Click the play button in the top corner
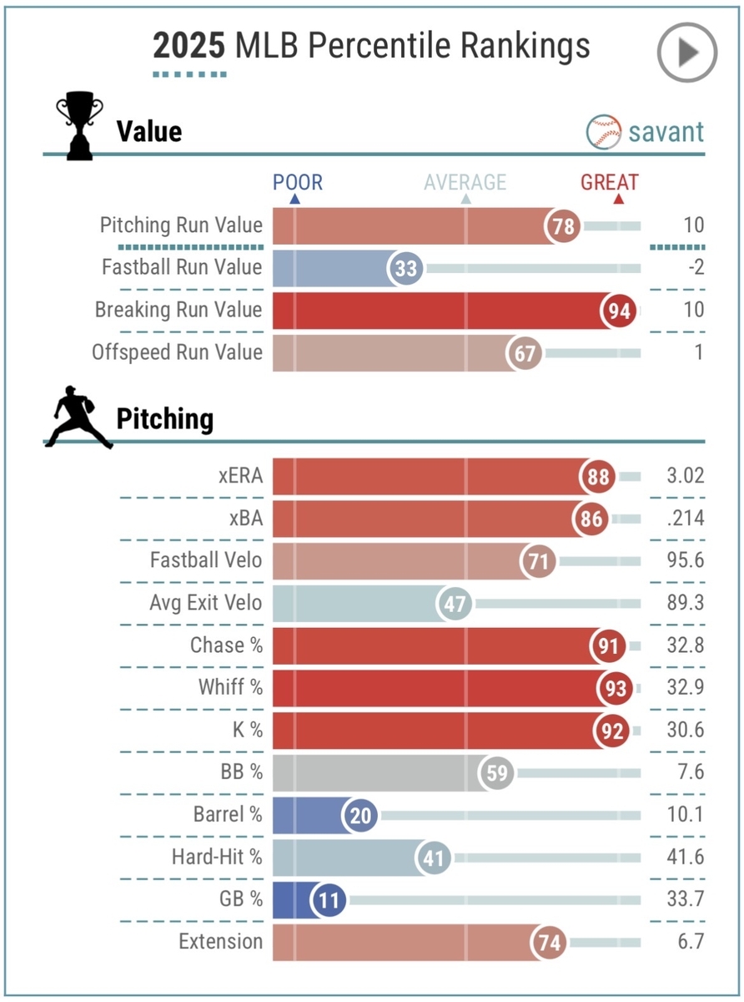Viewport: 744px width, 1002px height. click(686, 52)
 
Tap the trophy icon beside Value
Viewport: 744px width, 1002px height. click(79, 129)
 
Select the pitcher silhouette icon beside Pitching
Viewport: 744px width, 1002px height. click(78, 418)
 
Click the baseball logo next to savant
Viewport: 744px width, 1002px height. click(603, 131)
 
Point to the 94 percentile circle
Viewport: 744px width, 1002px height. click(618, 311)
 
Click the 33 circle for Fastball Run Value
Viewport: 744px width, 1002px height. click(405, 268)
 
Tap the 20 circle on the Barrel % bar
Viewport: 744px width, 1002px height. click(362, 815)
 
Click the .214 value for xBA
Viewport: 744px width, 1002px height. click(686, 519)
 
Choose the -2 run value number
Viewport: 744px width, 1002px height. click(693, 267)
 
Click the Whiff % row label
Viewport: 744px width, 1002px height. click(230, 687)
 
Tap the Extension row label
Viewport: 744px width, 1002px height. click(220, 942)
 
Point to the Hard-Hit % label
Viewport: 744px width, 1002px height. click(217, 857)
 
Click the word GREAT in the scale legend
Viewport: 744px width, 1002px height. click(610, 182)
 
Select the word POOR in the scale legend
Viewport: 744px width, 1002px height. click(298, 182)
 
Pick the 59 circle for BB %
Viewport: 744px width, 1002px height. click(497, 772)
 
